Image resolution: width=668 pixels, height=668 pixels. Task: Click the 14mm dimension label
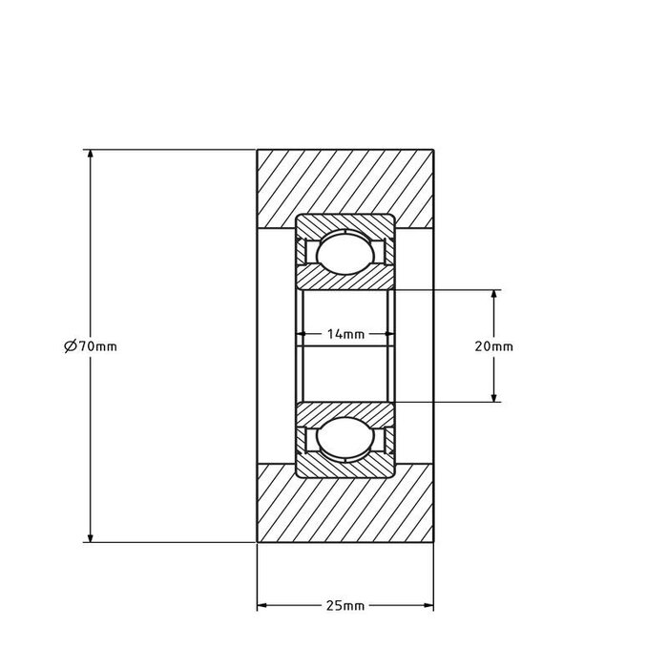[344, 334]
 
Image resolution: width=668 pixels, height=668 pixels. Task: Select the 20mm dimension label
[493, 346]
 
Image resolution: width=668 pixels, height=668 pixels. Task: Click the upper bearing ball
[344, 253]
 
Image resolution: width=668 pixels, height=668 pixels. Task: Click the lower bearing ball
[344, 439]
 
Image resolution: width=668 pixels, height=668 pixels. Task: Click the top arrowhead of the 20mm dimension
[493, 295]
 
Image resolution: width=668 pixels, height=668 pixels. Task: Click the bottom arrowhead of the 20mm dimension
[493, 397]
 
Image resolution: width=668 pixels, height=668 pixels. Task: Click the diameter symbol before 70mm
[70, 346]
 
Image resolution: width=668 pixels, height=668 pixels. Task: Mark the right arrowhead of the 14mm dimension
[386, 334]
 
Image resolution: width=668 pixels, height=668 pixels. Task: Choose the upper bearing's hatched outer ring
[344, 222]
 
